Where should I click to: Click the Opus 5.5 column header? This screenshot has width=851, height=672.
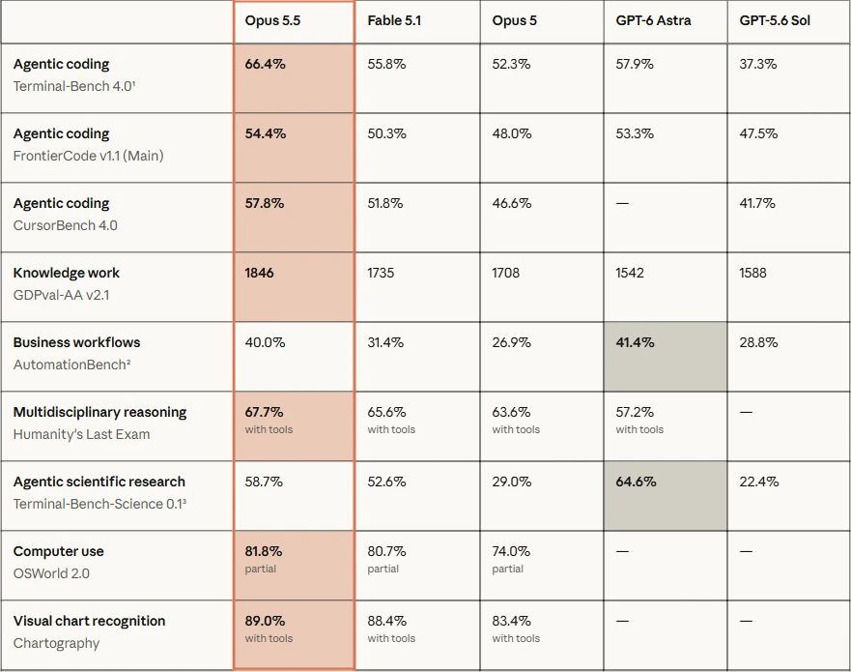point(272,20)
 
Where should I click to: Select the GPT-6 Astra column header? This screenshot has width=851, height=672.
point(653,20)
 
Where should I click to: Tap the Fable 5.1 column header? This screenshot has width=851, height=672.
point(394,20)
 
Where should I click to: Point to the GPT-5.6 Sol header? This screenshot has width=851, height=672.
point(775,20)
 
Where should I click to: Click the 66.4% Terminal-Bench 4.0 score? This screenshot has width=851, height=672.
point(265,64)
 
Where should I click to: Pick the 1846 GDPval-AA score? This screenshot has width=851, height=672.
point(259,273)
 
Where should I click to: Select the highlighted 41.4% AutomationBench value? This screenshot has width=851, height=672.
point(635,342)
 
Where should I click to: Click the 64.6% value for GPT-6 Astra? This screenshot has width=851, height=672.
point(636,482)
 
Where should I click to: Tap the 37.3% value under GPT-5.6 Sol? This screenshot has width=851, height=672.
point(757,64)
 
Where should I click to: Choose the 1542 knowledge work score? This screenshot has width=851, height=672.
point(630,273)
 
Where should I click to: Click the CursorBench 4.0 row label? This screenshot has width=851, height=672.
point(65,225)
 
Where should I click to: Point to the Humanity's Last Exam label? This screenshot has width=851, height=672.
point(81,434)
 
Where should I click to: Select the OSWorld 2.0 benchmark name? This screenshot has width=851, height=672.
point(51,573)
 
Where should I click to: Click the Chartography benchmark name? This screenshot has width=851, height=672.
point(56,643)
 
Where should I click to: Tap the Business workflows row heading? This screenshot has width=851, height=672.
point(76,342)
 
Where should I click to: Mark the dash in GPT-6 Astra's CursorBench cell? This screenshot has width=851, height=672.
point(622,203)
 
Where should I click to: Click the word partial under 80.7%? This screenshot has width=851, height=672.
point(383,569)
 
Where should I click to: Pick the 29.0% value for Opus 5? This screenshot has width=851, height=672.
point(511,482)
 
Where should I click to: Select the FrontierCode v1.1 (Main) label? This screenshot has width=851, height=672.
point(88,156)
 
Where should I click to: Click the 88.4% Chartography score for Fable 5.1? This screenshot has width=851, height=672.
point(386,621)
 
